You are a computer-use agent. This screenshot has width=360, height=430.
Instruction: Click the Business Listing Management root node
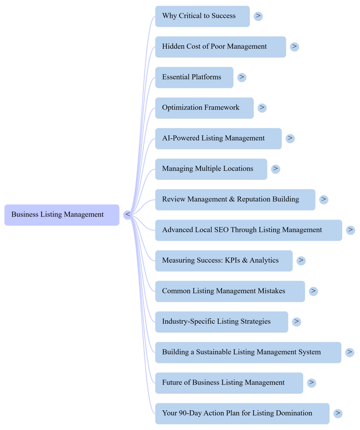pos(62,215)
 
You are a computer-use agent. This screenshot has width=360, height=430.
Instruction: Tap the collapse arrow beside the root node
pos(127,215)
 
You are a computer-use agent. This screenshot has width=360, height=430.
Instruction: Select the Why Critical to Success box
pos(202,16)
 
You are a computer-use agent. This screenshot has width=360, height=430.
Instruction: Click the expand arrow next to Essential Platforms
pos(241,77)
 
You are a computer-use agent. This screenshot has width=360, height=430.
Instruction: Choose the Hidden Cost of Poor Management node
pos(220,47)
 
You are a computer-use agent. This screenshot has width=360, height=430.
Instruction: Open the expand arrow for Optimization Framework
pos(262,108)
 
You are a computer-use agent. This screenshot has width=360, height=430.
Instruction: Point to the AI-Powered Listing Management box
pos(218,138)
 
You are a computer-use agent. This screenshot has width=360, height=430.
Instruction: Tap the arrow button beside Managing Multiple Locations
pos(276,169)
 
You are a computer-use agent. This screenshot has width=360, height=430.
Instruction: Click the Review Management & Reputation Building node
pos(235,199)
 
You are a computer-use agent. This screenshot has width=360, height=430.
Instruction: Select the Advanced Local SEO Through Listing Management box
pos(248,230)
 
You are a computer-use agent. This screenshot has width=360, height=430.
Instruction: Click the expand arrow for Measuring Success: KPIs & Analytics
pos(301,261)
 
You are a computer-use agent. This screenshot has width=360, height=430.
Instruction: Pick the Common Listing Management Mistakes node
pos(230,291)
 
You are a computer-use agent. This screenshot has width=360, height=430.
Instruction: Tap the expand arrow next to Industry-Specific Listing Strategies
pos(296,322)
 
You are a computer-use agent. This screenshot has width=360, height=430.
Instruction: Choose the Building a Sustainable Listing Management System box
pos(248,352)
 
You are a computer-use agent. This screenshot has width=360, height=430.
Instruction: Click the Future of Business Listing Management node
pos(229,383)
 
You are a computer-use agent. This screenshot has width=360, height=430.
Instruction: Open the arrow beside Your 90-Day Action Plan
pos(337,414)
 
